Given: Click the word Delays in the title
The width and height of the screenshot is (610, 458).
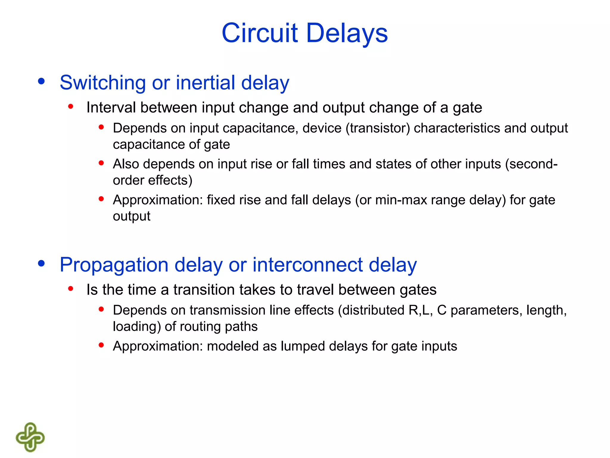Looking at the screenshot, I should tap(347, 33).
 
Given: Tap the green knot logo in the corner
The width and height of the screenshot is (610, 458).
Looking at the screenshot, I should tap(30, 437).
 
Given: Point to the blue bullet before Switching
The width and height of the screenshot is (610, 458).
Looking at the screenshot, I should tap(41, 81).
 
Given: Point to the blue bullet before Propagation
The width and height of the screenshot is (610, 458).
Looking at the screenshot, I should tap(41, 263).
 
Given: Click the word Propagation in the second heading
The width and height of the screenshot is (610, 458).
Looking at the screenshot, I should tap(114, 265).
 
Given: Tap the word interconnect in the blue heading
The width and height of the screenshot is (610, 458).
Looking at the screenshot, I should tap(308, 265).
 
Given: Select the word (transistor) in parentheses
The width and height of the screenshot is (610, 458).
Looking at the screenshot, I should tap(378, 128).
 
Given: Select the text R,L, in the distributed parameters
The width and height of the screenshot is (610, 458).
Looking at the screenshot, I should tap(421, 310).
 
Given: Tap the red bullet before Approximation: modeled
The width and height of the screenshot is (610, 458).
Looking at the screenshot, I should tap(101, 345).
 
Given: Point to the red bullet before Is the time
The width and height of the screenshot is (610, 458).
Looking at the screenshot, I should tap(71, 288).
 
